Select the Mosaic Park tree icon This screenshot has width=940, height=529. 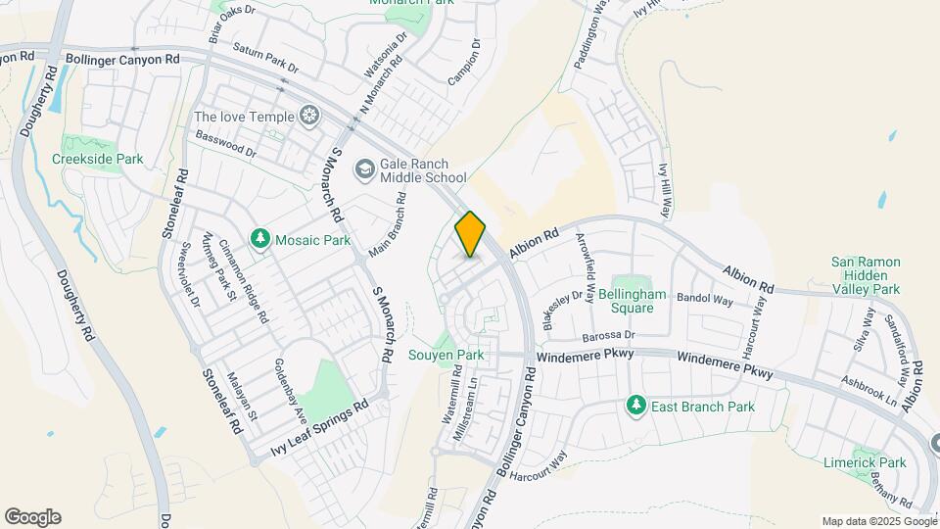[x=259, y=239]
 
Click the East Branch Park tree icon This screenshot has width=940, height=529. [x=635, y=406]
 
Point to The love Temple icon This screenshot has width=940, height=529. [x=309, y=117]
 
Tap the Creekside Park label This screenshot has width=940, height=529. [x=97, y=159]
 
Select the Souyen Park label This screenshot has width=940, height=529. [x=446, y=355]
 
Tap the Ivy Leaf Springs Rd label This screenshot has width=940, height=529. [x=319, y=429]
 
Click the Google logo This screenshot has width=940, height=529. [x=32, y=517]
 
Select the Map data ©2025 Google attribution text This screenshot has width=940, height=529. [x=877, y=521]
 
